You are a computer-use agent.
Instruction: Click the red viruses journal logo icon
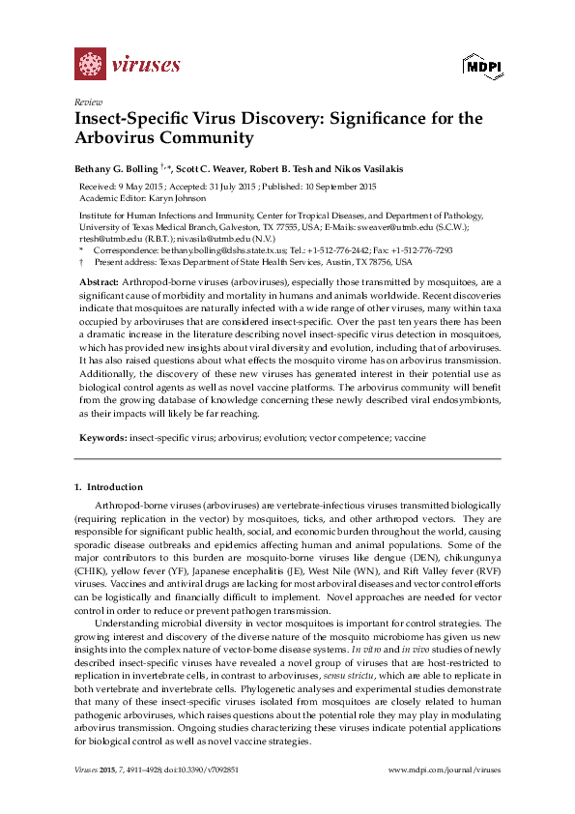coord(90,65)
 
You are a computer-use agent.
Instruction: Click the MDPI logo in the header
coord(478,67)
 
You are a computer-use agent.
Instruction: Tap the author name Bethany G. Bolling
coord(122,168)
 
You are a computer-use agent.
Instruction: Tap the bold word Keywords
coord(102,438)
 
